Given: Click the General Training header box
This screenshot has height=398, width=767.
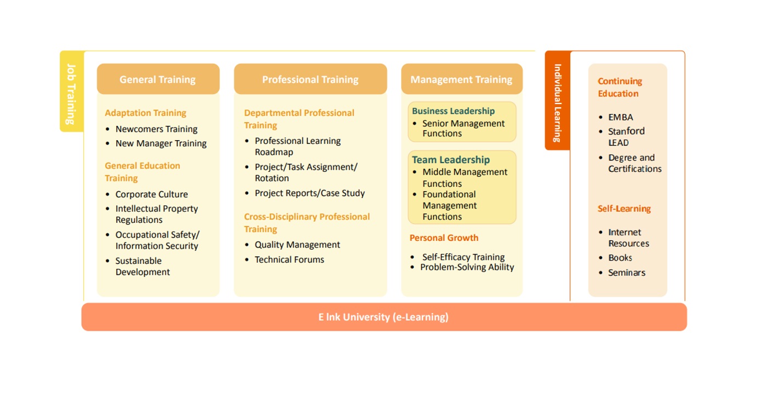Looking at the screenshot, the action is point(158,79).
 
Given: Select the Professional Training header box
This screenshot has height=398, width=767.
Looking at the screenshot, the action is point(310,79).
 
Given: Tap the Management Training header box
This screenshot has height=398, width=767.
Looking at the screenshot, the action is point(462,79).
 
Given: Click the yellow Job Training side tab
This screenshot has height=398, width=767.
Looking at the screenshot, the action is point(72,91).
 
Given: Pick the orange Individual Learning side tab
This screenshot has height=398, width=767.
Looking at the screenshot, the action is point(558,100).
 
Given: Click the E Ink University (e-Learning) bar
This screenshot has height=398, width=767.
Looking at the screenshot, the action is point(384,317).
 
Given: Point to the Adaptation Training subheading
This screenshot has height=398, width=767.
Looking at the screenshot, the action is point(146,113).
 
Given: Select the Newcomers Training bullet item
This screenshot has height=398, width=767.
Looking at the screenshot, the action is point(157,129).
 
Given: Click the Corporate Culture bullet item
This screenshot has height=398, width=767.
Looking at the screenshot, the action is point(152,194).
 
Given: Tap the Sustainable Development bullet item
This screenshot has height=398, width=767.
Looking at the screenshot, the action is point(143,266).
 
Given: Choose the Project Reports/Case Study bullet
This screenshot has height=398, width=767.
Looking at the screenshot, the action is point(310,193).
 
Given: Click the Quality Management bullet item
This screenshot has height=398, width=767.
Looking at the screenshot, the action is point(297,245).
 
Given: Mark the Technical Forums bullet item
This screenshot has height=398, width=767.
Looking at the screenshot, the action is point(289,259).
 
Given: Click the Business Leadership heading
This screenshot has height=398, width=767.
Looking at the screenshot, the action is point(454,111).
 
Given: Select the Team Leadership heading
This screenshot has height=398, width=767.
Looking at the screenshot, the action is point(451,159).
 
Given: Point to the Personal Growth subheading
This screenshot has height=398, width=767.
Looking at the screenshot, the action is point(444,238).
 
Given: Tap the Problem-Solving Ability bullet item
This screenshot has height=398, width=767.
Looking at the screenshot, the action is point(467,267).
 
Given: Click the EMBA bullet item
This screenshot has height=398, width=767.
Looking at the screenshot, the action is point(620,117).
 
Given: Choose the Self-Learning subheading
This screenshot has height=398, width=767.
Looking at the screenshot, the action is point(624,209).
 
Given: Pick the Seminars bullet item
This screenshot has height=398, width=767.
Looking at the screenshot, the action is point(627,273).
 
